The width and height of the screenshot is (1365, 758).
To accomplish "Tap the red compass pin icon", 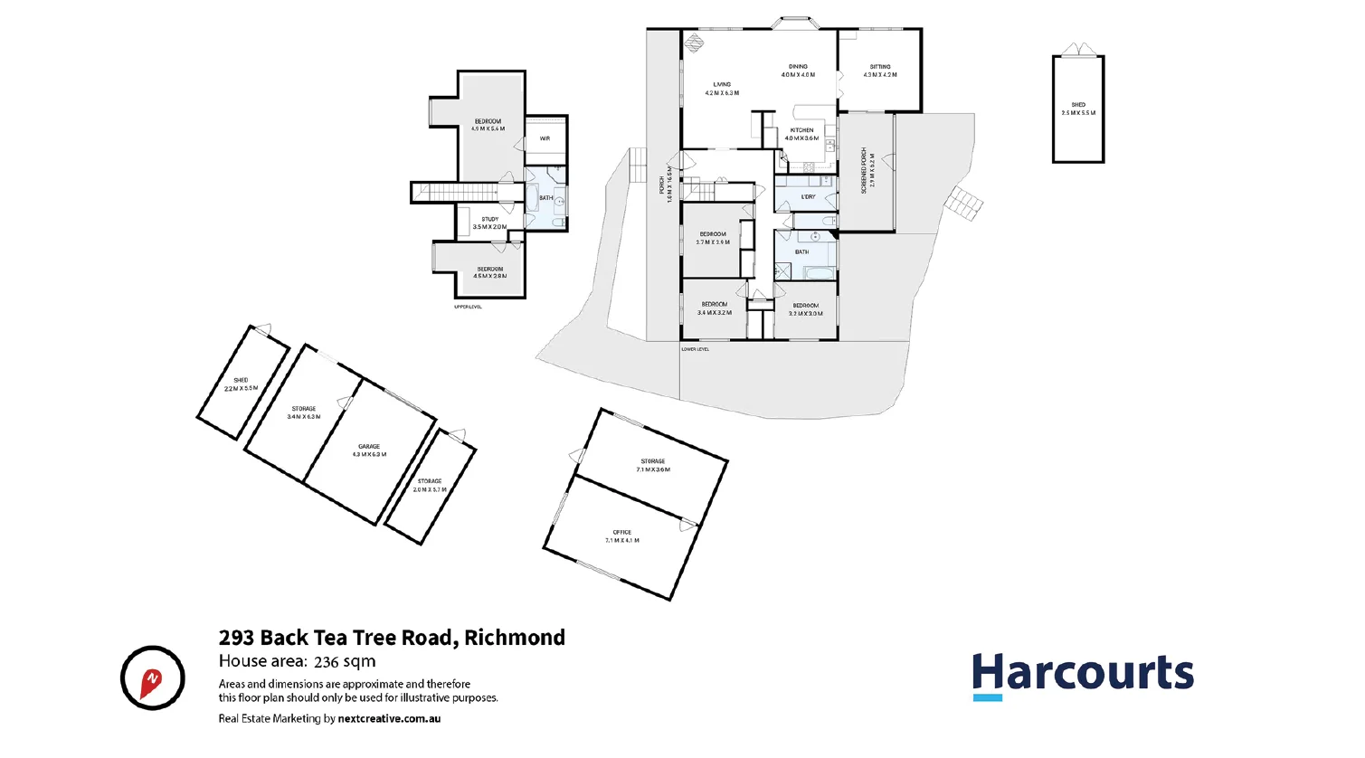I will pos(152,678).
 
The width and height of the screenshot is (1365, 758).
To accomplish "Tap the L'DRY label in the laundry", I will pos(808,196).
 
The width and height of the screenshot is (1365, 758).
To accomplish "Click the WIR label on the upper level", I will pos(545,138).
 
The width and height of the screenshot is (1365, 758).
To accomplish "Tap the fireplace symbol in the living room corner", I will pos(694,43).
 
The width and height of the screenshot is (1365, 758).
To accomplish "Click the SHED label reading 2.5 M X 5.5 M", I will pos(1078,109).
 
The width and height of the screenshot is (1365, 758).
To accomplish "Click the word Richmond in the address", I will pos(515,638).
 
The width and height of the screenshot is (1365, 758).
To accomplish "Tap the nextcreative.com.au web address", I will pos(389,719).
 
